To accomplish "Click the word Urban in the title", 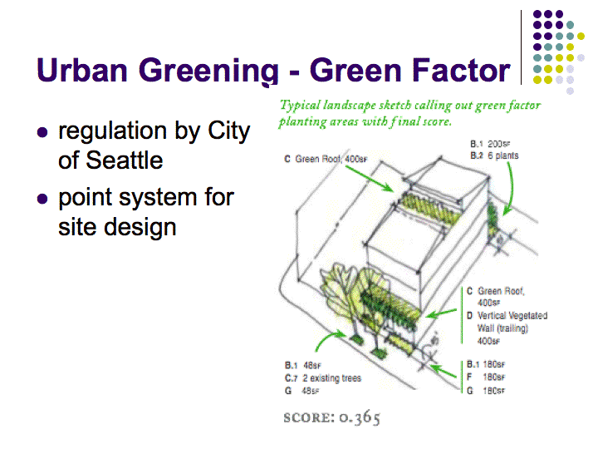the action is (x=82, y=70).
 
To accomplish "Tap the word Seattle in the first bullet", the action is (x=125, y=160).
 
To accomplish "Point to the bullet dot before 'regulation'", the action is (x=42, y=132).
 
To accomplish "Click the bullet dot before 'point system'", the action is (x=42, y=199).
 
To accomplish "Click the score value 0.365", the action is (x=360, y=417).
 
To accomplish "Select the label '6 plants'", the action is (x=503, y=155).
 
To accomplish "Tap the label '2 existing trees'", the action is (x=331, y=378).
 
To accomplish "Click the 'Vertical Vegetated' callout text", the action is (x=512, y=316).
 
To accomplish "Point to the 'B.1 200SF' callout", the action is (x=490, y=144).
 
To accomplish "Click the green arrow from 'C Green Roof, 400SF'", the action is (x=370, y=179).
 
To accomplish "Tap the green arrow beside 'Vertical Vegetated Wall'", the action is (x=441, y=313).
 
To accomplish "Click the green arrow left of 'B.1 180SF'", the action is (x=443, y=371).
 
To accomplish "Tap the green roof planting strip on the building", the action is (x=429, y=209).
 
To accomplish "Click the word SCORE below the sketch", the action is (x=308, y=417).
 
